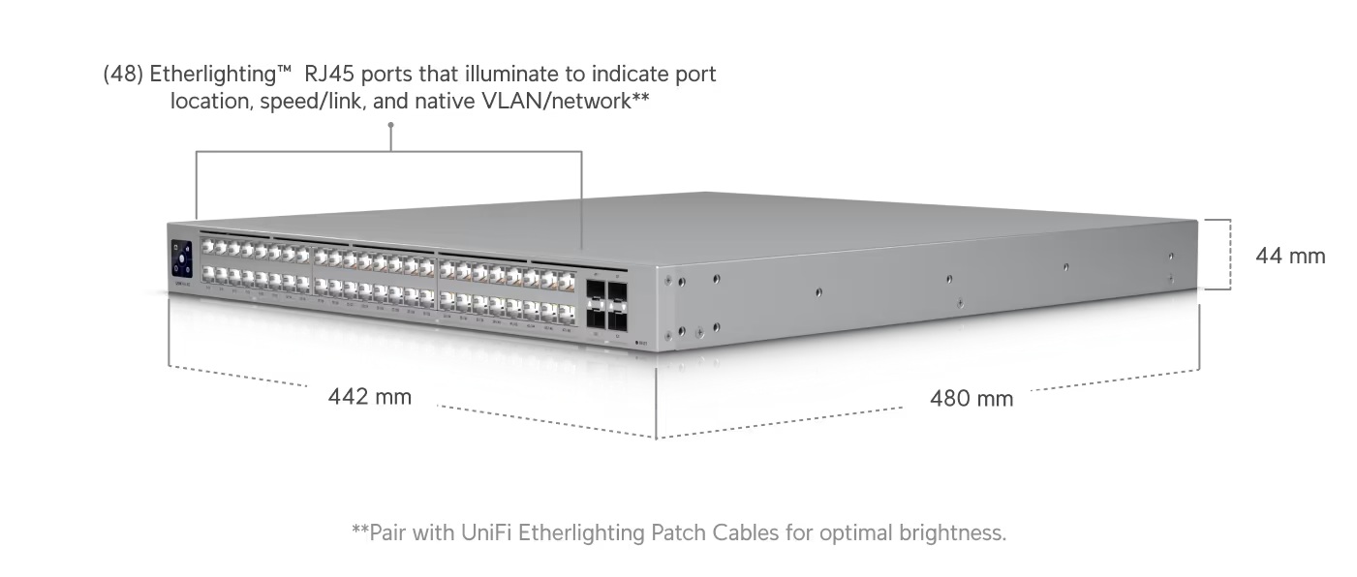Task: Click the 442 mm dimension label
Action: tap(369, 396)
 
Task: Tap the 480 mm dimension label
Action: tap(971, 398)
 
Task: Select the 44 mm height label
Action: tap(1290, 256)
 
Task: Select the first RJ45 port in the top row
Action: tap(207, 247)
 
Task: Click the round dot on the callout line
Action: tap(390, 125)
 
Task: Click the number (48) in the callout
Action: tap(123, 75)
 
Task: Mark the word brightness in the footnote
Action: tap(951, 532)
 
